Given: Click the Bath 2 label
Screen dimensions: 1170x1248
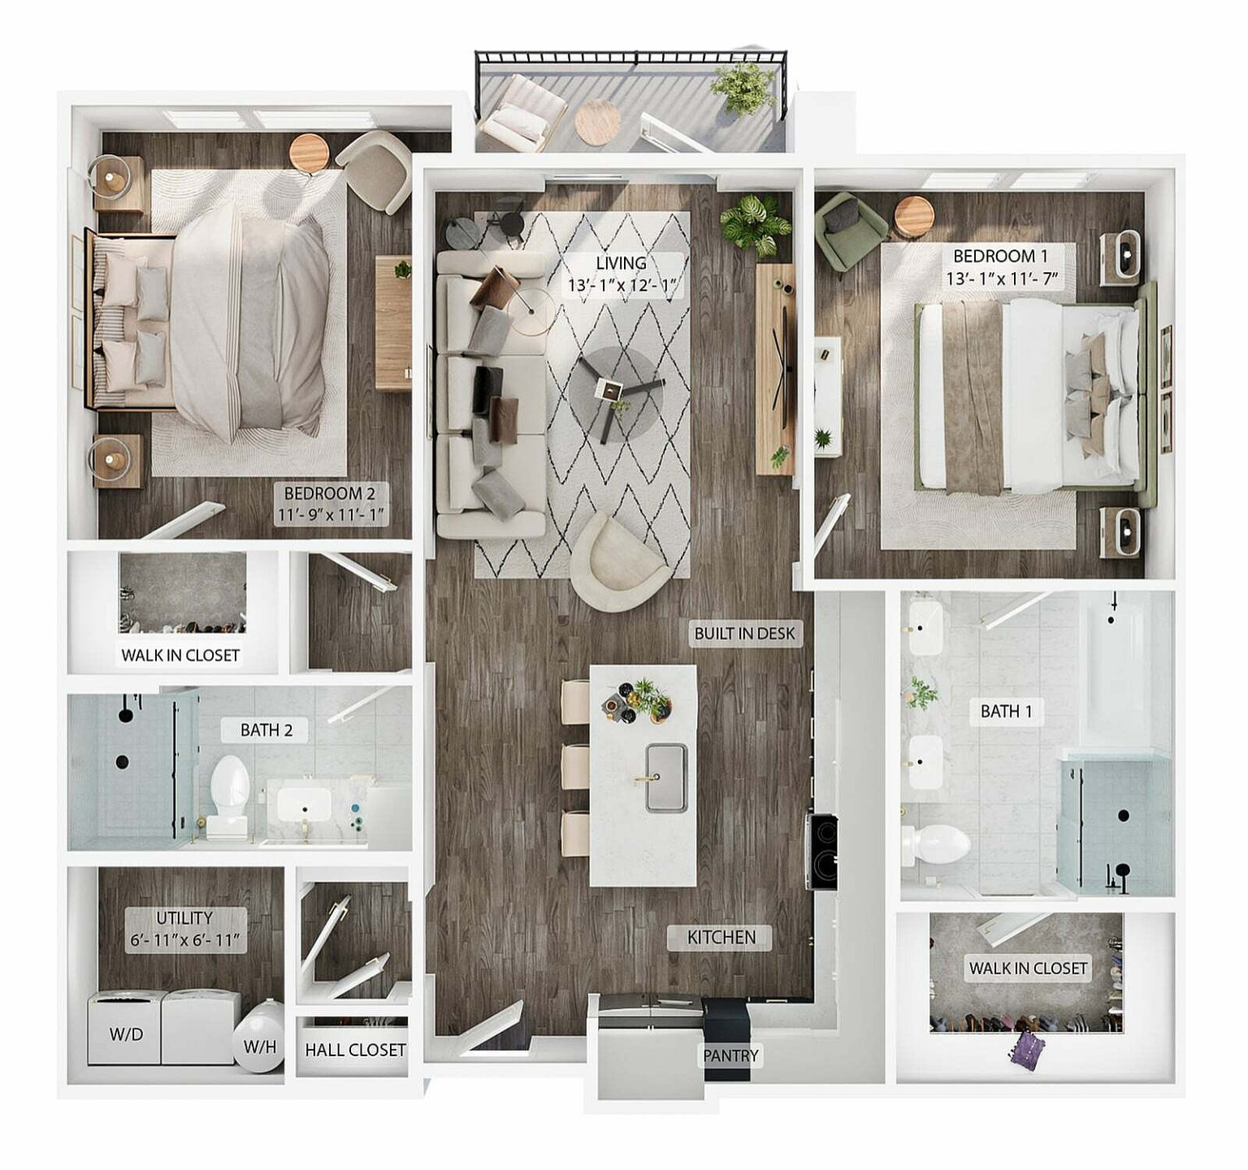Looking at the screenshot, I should coord(266,730).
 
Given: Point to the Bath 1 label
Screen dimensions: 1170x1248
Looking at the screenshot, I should coord(1006,712).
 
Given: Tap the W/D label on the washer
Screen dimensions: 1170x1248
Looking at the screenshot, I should coord(126,1034).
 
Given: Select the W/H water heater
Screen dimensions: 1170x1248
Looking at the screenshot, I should coord(260,1045).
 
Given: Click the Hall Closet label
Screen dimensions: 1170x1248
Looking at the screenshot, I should coord(355,1051).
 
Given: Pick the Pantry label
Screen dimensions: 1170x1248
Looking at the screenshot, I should coord(730,1055).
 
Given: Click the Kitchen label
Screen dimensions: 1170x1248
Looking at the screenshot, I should coord(721,938).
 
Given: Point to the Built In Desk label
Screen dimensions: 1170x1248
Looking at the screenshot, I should coord(744,634).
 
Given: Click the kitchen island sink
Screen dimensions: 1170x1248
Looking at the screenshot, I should coord(666,777).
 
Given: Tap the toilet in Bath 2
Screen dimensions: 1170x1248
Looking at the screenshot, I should coord(228,788).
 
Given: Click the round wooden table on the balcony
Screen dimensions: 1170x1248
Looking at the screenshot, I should coord(597,122).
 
